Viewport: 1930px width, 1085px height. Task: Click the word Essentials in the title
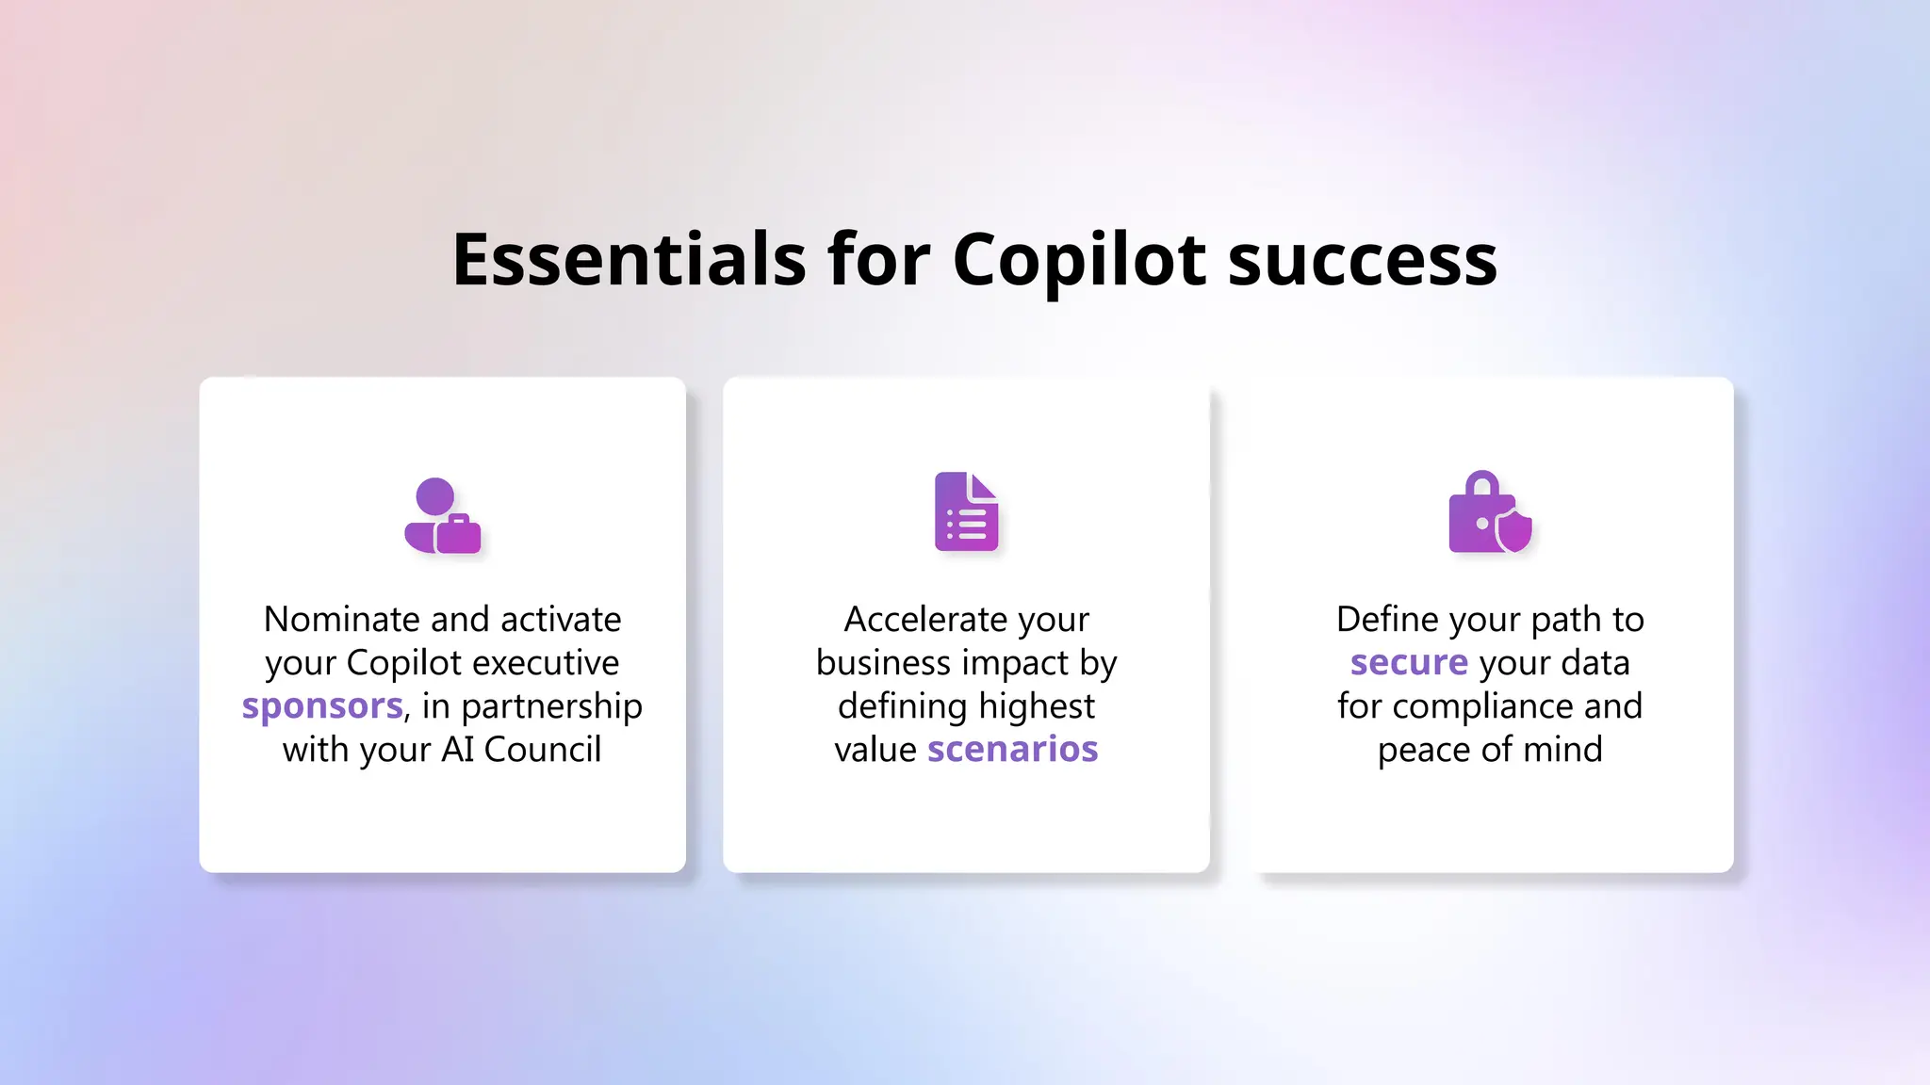(629, 259)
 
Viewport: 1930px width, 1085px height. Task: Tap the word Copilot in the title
(1078, 259)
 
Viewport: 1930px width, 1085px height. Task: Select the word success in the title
(1363, 259)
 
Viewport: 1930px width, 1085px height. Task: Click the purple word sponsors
(322, 706)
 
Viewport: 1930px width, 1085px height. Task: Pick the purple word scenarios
(1012, 750)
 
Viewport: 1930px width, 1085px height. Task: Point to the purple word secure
(1409, 663)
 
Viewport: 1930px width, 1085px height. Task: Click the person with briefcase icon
(442, 516)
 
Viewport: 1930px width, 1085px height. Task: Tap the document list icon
(966, 511)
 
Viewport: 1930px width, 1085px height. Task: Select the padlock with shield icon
(1489, 512)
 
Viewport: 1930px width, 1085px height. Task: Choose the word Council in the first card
(542, 750)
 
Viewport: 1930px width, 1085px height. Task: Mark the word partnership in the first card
(551, 706)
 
